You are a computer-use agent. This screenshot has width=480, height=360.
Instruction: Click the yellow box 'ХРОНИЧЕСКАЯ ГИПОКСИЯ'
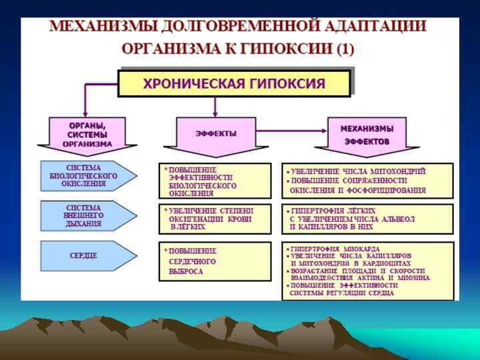click(x=234, y=83)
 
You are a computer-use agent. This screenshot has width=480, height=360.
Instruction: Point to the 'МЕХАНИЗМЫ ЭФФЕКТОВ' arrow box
click(x=367, y=135)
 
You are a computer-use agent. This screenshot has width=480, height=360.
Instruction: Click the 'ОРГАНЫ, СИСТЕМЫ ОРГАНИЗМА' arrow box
click(x=87, y=135)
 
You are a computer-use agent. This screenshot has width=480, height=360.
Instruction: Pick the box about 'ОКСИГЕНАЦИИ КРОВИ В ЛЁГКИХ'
click(x=215, y=218)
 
